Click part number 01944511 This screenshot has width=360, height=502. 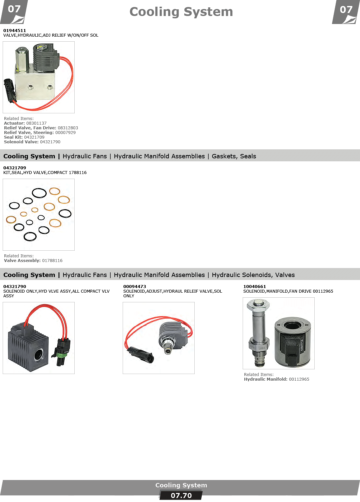[15, 30]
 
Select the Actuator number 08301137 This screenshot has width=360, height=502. [36, 123]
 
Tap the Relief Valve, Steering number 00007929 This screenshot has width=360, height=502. [65, 132]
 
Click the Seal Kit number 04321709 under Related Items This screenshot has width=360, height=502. [34, 137]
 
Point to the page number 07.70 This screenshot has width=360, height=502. [181, 496]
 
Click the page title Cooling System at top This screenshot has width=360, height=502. [181, 12]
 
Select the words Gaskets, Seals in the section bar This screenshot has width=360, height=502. [234, 156]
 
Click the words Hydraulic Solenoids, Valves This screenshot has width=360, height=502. [253, 275]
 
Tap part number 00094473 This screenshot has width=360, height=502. [134, 286]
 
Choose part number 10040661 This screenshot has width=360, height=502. [255, 286]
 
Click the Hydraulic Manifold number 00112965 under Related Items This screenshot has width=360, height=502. [299, 379]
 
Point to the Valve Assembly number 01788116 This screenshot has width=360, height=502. [52, 260]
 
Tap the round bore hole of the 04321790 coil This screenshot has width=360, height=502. [39, 355]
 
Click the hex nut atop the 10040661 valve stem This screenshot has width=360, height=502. [258, 304]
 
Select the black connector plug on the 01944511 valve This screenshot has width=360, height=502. [9, 90]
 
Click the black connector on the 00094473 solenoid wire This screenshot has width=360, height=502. [140, 354]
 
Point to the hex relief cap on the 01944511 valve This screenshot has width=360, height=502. [22, 59]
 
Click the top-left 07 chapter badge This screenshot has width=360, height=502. [14, 12]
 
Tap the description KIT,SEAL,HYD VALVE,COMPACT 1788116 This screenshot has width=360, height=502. [45, 173]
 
